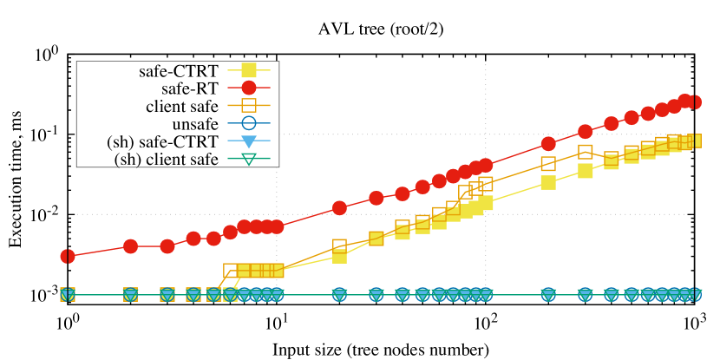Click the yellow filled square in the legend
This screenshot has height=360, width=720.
pyautogui.click(x=249, y=70)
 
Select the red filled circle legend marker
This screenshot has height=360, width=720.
pyautogui.click(x=249, y=88)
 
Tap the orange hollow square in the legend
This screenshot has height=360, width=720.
pyautogui.click(x=249, y=106)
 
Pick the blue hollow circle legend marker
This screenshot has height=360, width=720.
pyautogui.click(x=249, y=123)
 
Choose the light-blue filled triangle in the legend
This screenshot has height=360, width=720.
pyautogui.click(x=249, y=141)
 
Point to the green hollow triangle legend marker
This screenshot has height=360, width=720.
pyautogui.click(x=249, y=159)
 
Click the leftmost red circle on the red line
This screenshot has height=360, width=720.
pyautogui.click(x=68, y=256)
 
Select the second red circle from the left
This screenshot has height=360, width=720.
pyautogui.click(x=130, y=246)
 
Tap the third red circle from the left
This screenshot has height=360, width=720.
pyautogui.click(x=167, y=246)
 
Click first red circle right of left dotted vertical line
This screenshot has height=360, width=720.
pyautogui.click(x=339, y=208)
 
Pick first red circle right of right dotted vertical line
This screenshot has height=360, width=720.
pyautogui.click(x=548, y=144)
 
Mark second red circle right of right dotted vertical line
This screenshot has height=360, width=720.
pyautogui.click(x=586, y=132)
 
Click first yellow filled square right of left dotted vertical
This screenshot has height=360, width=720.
pyautogui.click(x=339, y=256)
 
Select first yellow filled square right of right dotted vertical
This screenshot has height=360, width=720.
pyautogui.click(x=548, y=182)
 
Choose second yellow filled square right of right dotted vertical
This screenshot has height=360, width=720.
pyautogui.click(x=586, y=171)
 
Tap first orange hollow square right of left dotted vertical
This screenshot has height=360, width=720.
pyautogui.click(x=339, y=246)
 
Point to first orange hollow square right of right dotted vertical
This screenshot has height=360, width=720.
pyautogui.click(x=548, y=164)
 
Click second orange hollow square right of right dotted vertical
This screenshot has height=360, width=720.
pyautogui.click(x=586, y=152)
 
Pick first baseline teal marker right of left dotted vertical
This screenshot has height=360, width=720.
pyautogui.click(x=339, y=295)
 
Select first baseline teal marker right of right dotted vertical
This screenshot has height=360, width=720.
pyautogui.click(x=548, y=295)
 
